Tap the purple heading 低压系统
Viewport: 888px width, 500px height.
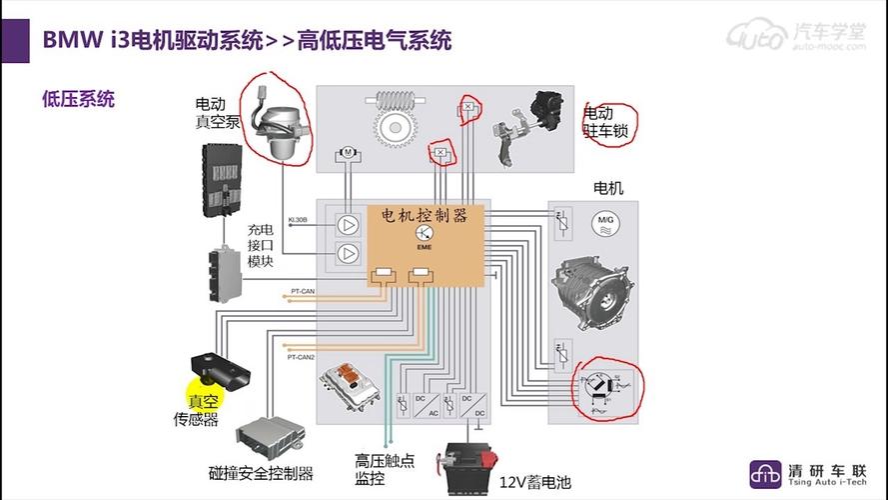click(x=78, y=99)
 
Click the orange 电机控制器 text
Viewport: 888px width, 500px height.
click(x=425, y=215)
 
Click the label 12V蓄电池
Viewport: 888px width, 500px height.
click(x=535, y=482)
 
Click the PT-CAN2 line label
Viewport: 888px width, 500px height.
click(x=301, y=357)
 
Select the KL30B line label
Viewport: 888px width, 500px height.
click(x=298, y=219)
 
